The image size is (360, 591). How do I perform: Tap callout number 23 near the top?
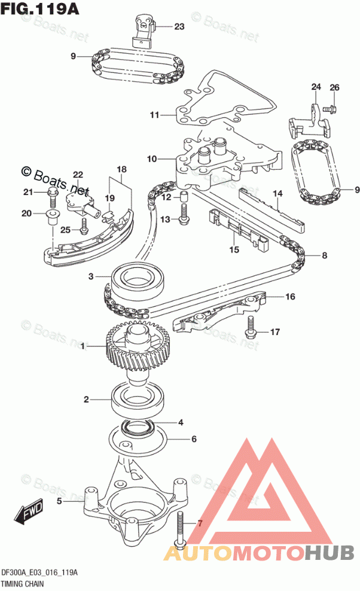tap(179, 26)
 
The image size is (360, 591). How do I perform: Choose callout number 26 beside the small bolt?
tap(334, 88)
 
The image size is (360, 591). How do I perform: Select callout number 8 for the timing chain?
tap(324, 257)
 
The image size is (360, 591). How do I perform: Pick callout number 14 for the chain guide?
tap(277, 194)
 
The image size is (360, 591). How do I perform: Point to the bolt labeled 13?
tap(184, 215)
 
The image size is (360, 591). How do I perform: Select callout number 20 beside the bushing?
tap(26, 214)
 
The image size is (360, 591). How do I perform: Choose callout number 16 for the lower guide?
tap(290, 296)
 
